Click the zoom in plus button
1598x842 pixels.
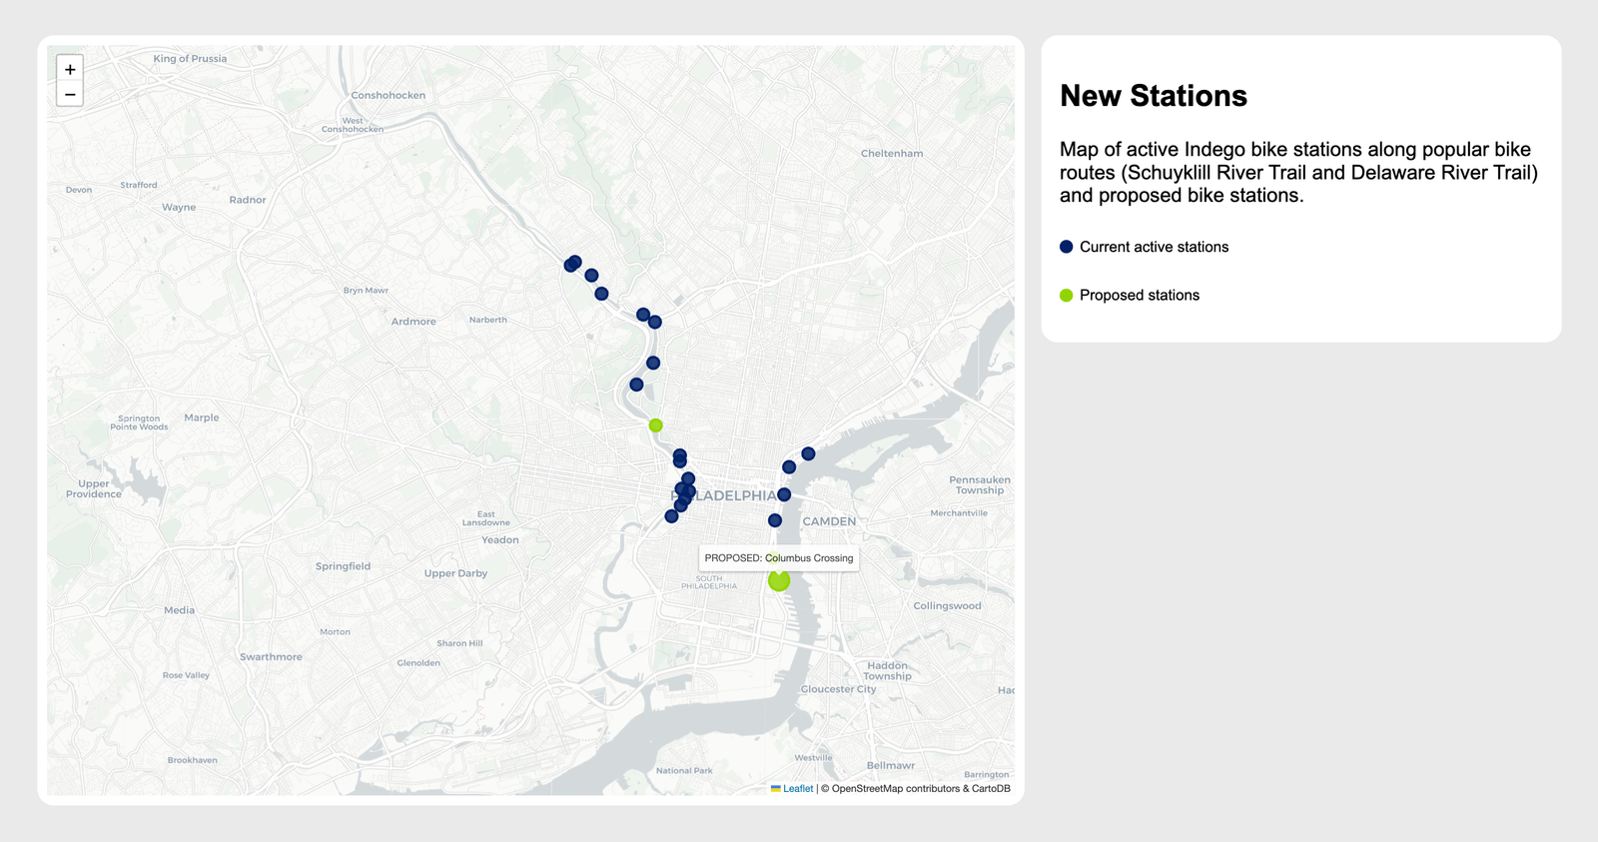point(70,69)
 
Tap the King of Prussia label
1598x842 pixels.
point(190,59)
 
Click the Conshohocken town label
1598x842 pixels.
point(388,96)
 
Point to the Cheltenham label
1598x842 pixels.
point(892,154)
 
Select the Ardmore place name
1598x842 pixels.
point(413,322)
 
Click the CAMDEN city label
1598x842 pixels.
point(829,521)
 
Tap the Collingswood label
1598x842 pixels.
point(947,606)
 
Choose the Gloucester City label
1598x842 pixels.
point(838,689)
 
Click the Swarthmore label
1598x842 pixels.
point(271,657)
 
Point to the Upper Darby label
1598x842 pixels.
point(455,573)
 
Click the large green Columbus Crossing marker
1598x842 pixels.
point(779,580)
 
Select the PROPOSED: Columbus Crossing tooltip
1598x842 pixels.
point(779,558)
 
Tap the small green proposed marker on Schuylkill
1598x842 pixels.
point(655,425)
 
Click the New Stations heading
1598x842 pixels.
point(1154,96)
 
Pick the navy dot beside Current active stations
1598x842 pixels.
point(1067,247)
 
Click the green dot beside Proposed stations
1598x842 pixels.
point(1067,295)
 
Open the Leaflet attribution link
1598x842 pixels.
point(798,789)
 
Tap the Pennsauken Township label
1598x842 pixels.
point(980,485)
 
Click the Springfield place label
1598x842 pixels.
point(343,566)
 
